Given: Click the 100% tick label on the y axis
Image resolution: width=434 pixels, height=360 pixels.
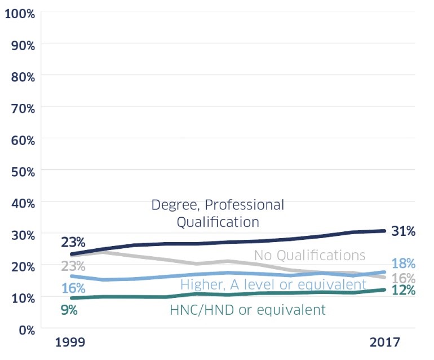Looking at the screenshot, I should (20, 12).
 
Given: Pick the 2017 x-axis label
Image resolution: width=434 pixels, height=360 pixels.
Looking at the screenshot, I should (384, 343).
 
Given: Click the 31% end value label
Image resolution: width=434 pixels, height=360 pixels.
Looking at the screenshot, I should (404, 231).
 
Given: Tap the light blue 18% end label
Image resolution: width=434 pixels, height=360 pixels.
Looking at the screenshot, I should (404, 264).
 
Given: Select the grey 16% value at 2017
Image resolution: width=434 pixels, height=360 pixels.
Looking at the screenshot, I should (404, 278).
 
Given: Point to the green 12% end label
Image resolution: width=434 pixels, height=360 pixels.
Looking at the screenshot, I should (404, 291).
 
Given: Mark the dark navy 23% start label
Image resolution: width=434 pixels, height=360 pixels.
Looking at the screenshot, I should (73, 243).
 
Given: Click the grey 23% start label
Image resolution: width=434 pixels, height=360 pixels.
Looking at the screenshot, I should (73, 265).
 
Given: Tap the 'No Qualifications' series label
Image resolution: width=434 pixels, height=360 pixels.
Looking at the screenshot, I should (309, 255).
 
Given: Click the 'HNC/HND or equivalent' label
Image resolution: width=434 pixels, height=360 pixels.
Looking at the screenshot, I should (247, 310).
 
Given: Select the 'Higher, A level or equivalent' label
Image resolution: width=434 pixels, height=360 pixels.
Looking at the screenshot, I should (273, 284).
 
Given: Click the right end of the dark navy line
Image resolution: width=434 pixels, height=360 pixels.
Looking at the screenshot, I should (384, 231).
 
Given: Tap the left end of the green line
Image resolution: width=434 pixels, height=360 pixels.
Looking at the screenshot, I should (71, 297).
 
